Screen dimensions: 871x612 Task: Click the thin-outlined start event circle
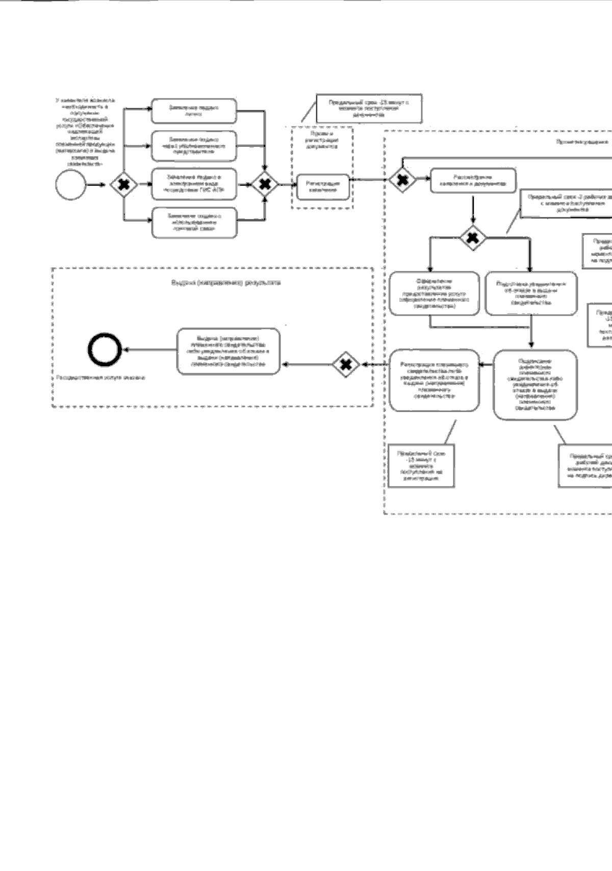pos(71,185)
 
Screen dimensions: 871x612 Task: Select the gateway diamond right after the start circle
pos(124,185)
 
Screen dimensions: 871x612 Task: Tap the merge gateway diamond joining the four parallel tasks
pos(265,184)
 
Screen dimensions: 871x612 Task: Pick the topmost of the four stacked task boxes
pos(194,111)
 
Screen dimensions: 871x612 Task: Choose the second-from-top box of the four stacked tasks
pos(194,145)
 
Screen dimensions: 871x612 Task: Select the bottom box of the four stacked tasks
pos(194,222)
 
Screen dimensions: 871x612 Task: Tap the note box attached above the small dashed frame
pos(369,108)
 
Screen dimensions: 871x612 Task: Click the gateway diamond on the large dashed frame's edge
pos(402,180)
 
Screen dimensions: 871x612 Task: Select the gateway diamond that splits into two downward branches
pos(473,237)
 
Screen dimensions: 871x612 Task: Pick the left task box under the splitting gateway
pos(434,293)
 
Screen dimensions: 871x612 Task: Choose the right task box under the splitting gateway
pos(531,293)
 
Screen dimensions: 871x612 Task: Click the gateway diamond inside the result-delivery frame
pos(346,364)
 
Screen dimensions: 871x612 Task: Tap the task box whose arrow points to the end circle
pos(228,351)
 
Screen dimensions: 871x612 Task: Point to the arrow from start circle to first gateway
pos(97,185)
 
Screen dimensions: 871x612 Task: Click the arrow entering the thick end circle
pos(150,350)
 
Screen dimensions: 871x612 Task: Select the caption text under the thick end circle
pos(100,378)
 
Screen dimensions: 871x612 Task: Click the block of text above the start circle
pos(85,132)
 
